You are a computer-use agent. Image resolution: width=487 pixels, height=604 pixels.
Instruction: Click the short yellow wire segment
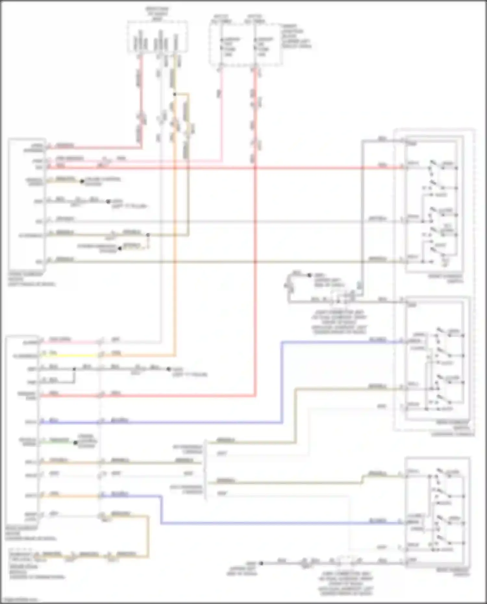tap(68, 355)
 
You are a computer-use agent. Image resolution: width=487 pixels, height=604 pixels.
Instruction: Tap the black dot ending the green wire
tap(75, 443)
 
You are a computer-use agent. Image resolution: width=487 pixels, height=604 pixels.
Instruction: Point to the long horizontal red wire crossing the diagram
tap(227, 168)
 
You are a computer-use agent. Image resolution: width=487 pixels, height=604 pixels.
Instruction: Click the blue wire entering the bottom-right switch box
tap(279, 523)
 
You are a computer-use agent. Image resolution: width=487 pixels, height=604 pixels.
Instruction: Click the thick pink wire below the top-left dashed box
tap(141, 97)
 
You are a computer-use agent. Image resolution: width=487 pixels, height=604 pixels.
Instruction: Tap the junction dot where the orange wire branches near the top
tap(174, 94)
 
